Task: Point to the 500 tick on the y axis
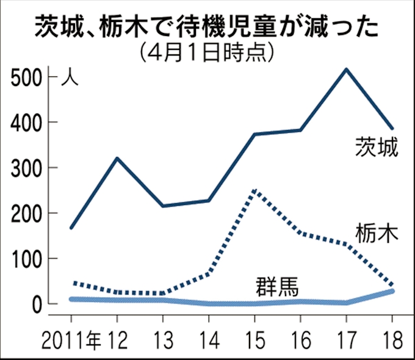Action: (25, 77)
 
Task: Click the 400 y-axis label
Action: (25, 123)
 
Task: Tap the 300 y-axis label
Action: (25, 168)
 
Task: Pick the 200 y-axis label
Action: (25, 213)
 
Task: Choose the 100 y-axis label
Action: (25, 259)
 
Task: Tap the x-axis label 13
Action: (163, 337)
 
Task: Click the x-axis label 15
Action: (254, 337)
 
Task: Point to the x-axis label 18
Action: (392, 337)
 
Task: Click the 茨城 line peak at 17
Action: (346, 69)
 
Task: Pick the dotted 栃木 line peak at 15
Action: (254, 191)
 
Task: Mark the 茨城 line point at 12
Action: (117, 159)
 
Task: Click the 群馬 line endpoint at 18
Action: (392, 291)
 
